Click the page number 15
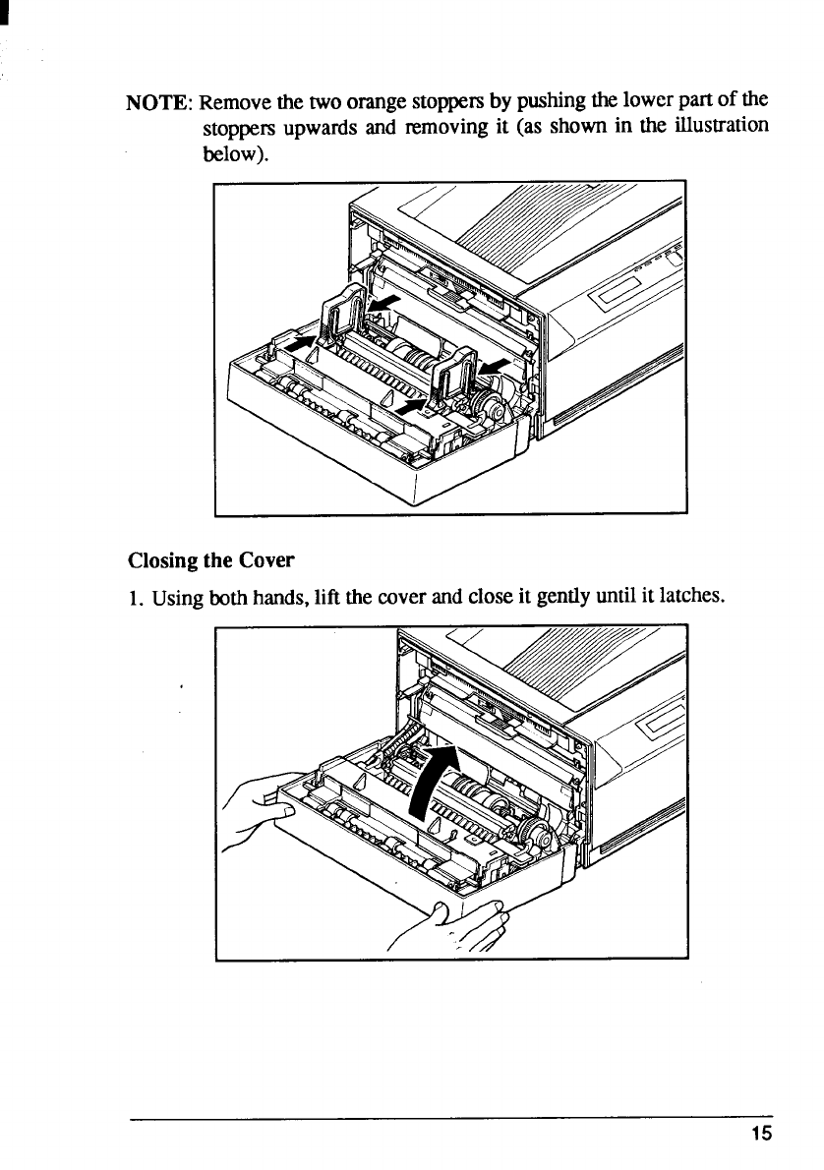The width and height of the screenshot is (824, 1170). coord(761,1133)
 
